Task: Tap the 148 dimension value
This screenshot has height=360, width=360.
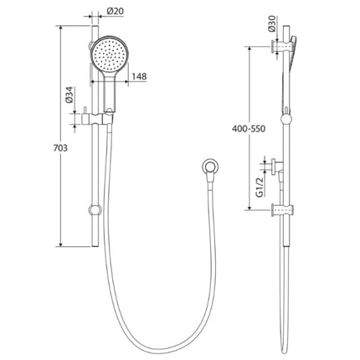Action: coord(139,77)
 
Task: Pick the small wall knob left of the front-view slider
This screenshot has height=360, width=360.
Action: coord(84,114)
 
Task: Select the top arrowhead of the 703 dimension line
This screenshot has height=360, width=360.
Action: coord(61,27)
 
